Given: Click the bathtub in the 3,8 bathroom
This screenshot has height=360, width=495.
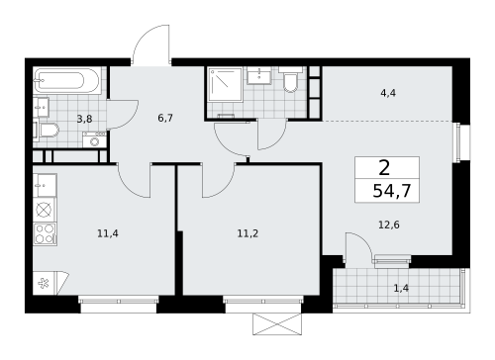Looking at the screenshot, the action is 66,81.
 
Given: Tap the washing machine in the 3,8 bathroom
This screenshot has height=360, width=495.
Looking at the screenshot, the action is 94,139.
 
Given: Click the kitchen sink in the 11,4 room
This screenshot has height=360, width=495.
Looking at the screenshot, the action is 45,185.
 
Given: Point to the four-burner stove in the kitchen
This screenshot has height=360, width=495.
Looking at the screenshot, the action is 45,234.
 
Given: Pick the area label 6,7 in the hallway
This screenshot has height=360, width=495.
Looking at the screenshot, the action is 165,118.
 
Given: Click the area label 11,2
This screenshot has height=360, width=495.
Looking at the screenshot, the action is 247,233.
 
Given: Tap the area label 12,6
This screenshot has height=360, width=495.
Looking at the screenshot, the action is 389,225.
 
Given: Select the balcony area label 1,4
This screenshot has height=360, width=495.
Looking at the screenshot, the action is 401,289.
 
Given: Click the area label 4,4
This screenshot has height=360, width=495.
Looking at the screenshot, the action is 388,93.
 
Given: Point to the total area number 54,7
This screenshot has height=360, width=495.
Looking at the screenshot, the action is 392,191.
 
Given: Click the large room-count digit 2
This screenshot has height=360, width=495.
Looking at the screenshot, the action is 384,168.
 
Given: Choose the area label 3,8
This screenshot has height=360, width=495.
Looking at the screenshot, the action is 84,119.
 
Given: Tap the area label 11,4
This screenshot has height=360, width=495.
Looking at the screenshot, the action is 108,233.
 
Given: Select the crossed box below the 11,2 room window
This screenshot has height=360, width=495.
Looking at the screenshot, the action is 277,324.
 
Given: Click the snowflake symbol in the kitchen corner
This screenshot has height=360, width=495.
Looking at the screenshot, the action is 44,283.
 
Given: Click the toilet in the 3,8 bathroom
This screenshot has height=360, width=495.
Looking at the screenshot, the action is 47,130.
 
